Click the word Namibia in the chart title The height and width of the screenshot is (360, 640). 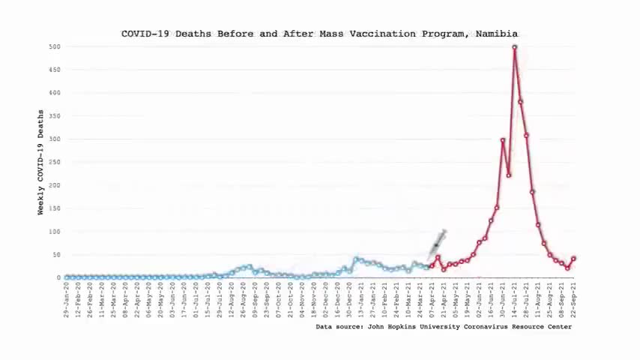pyautogui.click(x=496, y=34)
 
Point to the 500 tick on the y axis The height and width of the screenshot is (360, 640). pyautogui.click(x=55, y=46)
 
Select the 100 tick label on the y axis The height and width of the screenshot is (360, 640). pyautogui.click(x=55, y=232)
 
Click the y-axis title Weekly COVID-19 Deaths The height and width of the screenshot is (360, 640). pyautogui.click(x=40, y=162)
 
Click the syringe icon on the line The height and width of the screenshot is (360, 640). pyautogui.click(x=438, y=243)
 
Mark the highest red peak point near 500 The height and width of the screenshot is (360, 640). pyautogui.click(x=515, y=47)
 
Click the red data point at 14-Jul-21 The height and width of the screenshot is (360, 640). pyautogui.click(x=515, y=47)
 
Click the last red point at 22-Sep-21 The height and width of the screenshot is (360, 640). pyautogui.click(x=574, y=259)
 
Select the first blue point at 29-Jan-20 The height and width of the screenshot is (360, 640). pyautogui.click(x=67, y=277)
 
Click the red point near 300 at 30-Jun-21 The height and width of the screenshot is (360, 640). pyautogui.click(x=503, y=140)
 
